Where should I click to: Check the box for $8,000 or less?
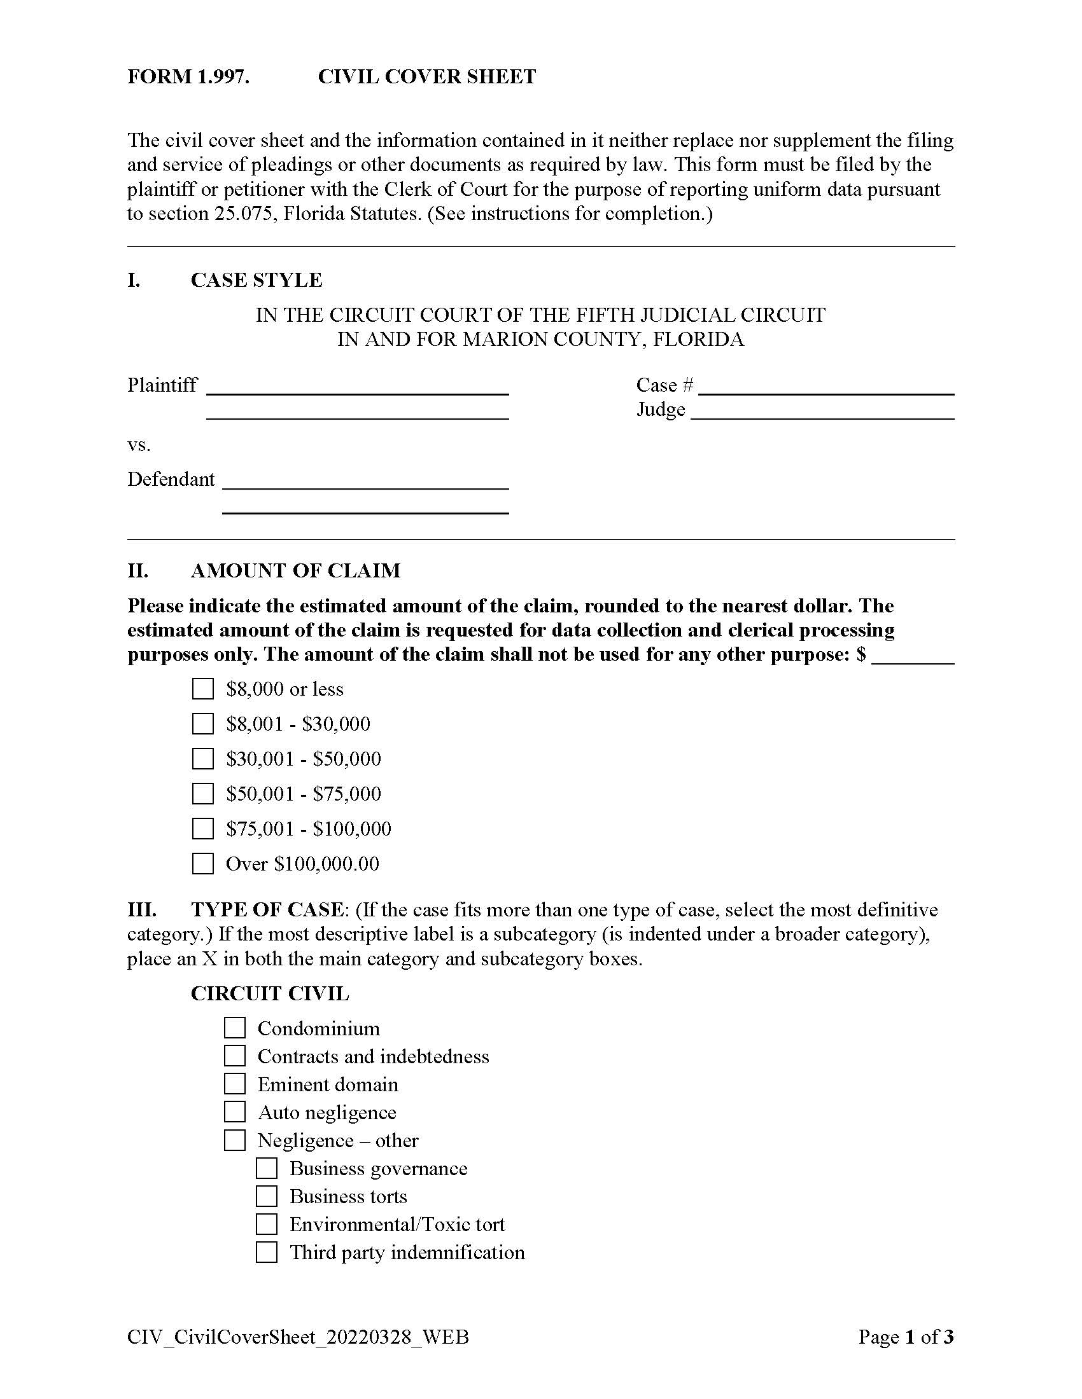coord(202,689)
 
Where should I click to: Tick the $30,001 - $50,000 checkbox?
coord(202,759)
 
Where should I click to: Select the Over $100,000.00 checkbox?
coord(202,864)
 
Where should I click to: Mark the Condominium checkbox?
coord(235,1028)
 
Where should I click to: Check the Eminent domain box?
coord(235,1084)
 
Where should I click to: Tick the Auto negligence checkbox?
coord(235,1113)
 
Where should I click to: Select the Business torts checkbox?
coord(267,1197)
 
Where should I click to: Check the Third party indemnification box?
coord(267,1252)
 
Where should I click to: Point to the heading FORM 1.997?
coord(188,77)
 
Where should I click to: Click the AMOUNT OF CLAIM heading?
coord(295,571)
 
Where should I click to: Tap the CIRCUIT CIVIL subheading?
coord(270,993)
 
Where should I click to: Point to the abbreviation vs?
coord(139,445)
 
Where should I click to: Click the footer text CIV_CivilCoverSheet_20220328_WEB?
coord(298,1337)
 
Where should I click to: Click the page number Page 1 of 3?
coord(906,1337)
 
